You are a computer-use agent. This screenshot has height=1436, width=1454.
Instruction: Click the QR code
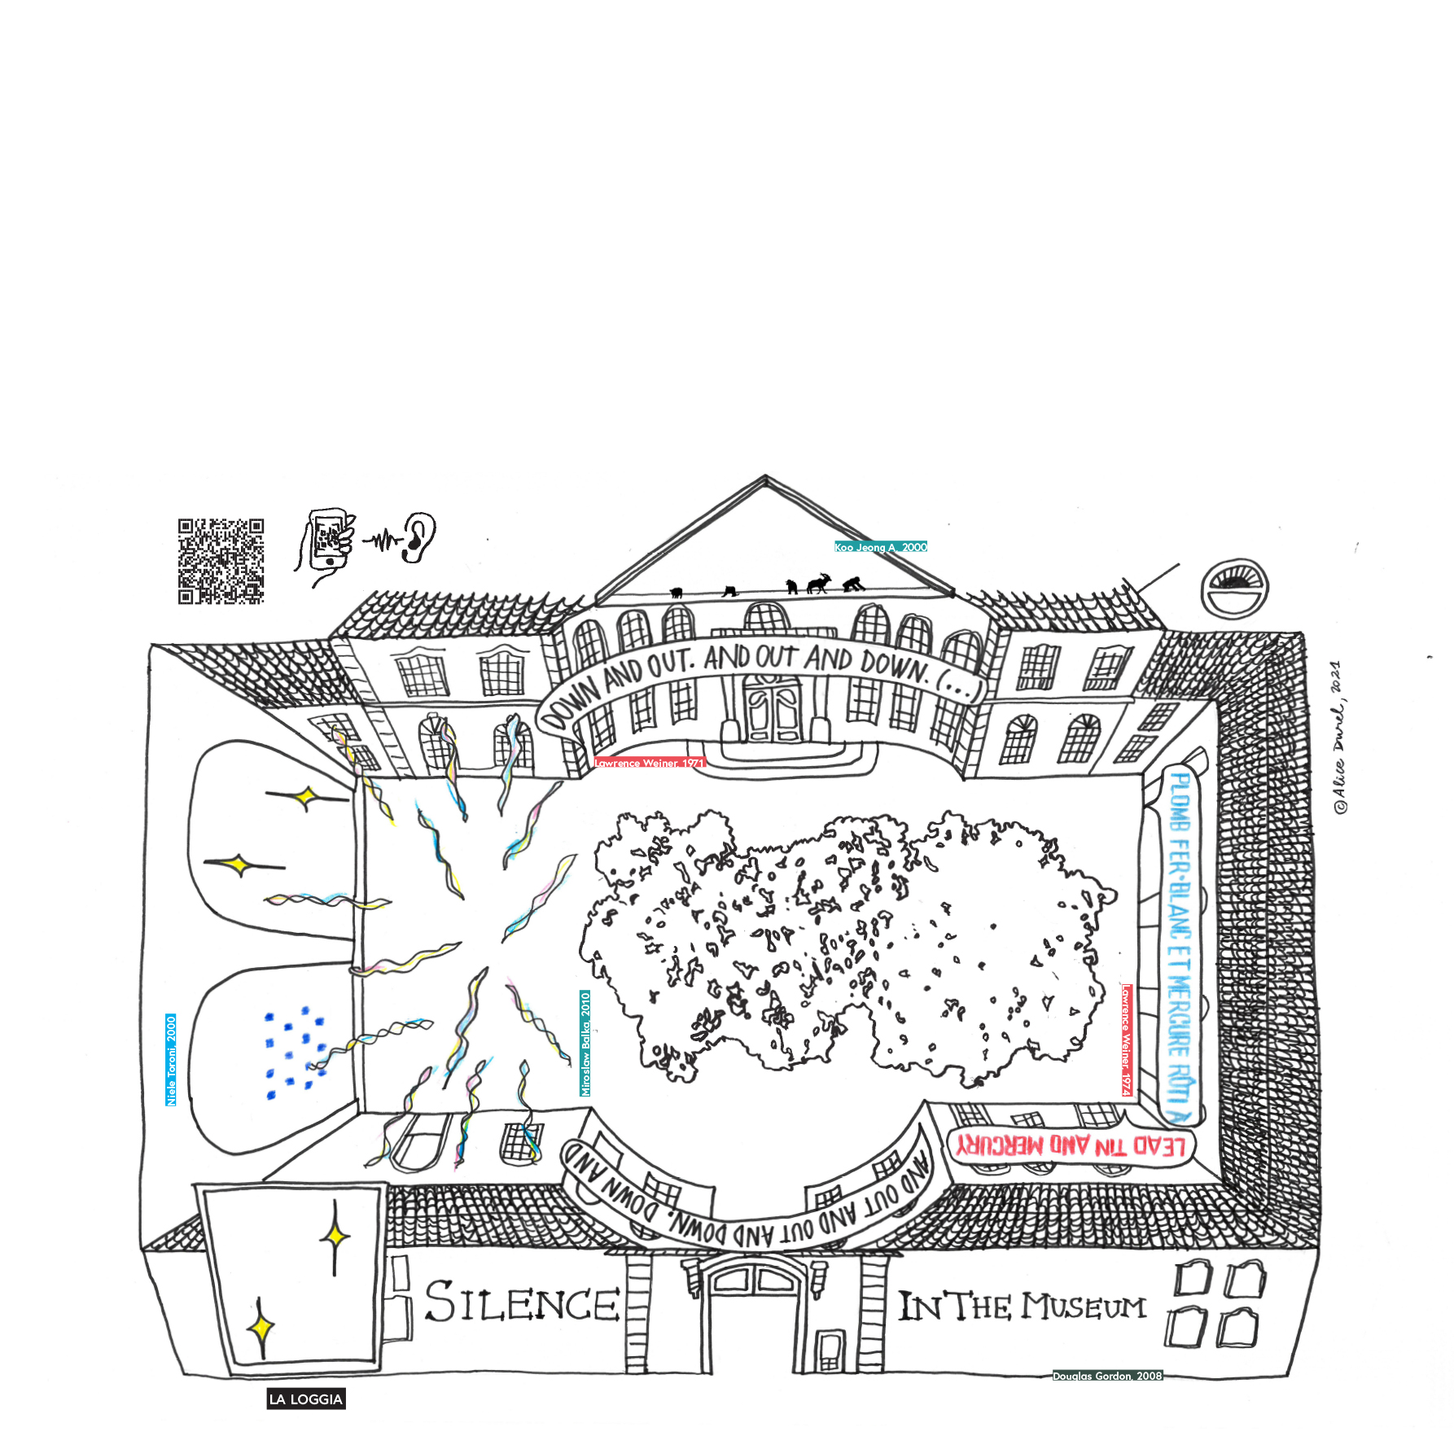point(221,561)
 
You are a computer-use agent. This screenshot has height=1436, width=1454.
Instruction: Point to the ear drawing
point(418,537)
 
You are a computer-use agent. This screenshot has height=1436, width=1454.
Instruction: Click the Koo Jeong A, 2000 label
point(880,547)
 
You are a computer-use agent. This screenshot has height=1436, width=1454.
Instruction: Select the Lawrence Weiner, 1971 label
point(648,763)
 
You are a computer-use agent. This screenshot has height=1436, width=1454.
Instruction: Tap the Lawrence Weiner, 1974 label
point(1126,1040)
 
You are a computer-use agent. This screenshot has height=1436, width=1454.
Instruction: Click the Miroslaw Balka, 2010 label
point(585,1043)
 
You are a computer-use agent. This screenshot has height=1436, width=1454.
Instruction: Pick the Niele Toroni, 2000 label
point(171,1059)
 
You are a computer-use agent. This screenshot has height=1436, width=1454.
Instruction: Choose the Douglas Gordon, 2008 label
point(1106,1376)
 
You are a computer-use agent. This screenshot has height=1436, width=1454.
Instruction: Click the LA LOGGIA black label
point(306,1399)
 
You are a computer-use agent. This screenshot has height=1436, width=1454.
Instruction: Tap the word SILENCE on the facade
point(522,1302)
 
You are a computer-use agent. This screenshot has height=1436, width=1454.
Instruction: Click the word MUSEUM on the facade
point(1084,1307)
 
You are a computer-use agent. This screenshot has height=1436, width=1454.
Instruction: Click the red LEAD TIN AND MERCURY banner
point(1071,1146)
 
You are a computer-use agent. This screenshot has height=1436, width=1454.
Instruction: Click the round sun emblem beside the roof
point(1234,587)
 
